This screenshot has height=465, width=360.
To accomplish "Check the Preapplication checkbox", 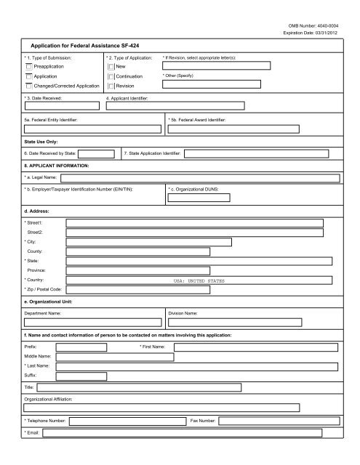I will (29, 65).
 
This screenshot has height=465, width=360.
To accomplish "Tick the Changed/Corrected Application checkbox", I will (29, 86).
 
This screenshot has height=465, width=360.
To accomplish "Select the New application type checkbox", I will (111, 65).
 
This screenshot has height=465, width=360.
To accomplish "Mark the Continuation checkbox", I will (111, 76).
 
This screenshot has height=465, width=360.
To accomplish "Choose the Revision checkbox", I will (111, 86).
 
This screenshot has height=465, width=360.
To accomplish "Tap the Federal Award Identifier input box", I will (252, 129).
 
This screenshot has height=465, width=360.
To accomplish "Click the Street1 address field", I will (194, 223).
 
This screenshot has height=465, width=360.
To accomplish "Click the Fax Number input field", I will (279, 421).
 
